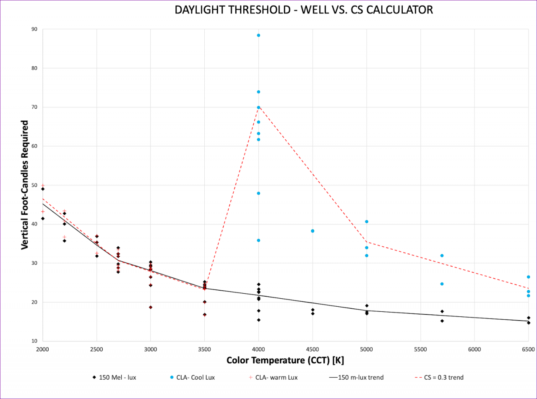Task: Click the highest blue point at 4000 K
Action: click(x=258, y=35)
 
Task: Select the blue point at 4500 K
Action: click(x=313, y=231)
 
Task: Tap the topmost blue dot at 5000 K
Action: click(x=367, y=222)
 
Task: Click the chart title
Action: click(x=304, y=10)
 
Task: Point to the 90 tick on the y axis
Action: click(x=34, y=29)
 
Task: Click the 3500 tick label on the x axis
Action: click(x=205, y=349)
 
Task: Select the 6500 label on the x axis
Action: click(x=528, y=349)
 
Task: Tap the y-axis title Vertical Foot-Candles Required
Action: click(x=25, y=185)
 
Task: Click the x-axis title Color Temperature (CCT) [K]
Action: click(x=285, y=360)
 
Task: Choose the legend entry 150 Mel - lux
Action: click(x=115, y=378)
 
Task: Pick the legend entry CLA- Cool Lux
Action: click(x=193, y=378)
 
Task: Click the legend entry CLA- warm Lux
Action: click(x=274, y=378)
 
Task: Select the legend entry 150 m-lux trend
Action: click(x=356, y=378)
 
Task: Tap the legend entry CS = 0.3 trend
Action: click(x=439, y=378)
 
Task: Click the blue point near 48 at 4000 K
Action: click(x=258, y=193)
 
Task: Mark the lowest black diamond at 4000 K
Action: click(x=258, y=320)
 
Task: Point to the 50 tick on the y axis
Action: click(x=34, y=185)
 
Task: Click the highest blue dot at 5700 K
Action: click(x=442, y=256)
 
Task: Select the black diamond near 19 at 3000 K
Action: click(x=151, y=307)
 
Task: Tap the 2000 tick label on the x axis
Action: click(x=43, y=349)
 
